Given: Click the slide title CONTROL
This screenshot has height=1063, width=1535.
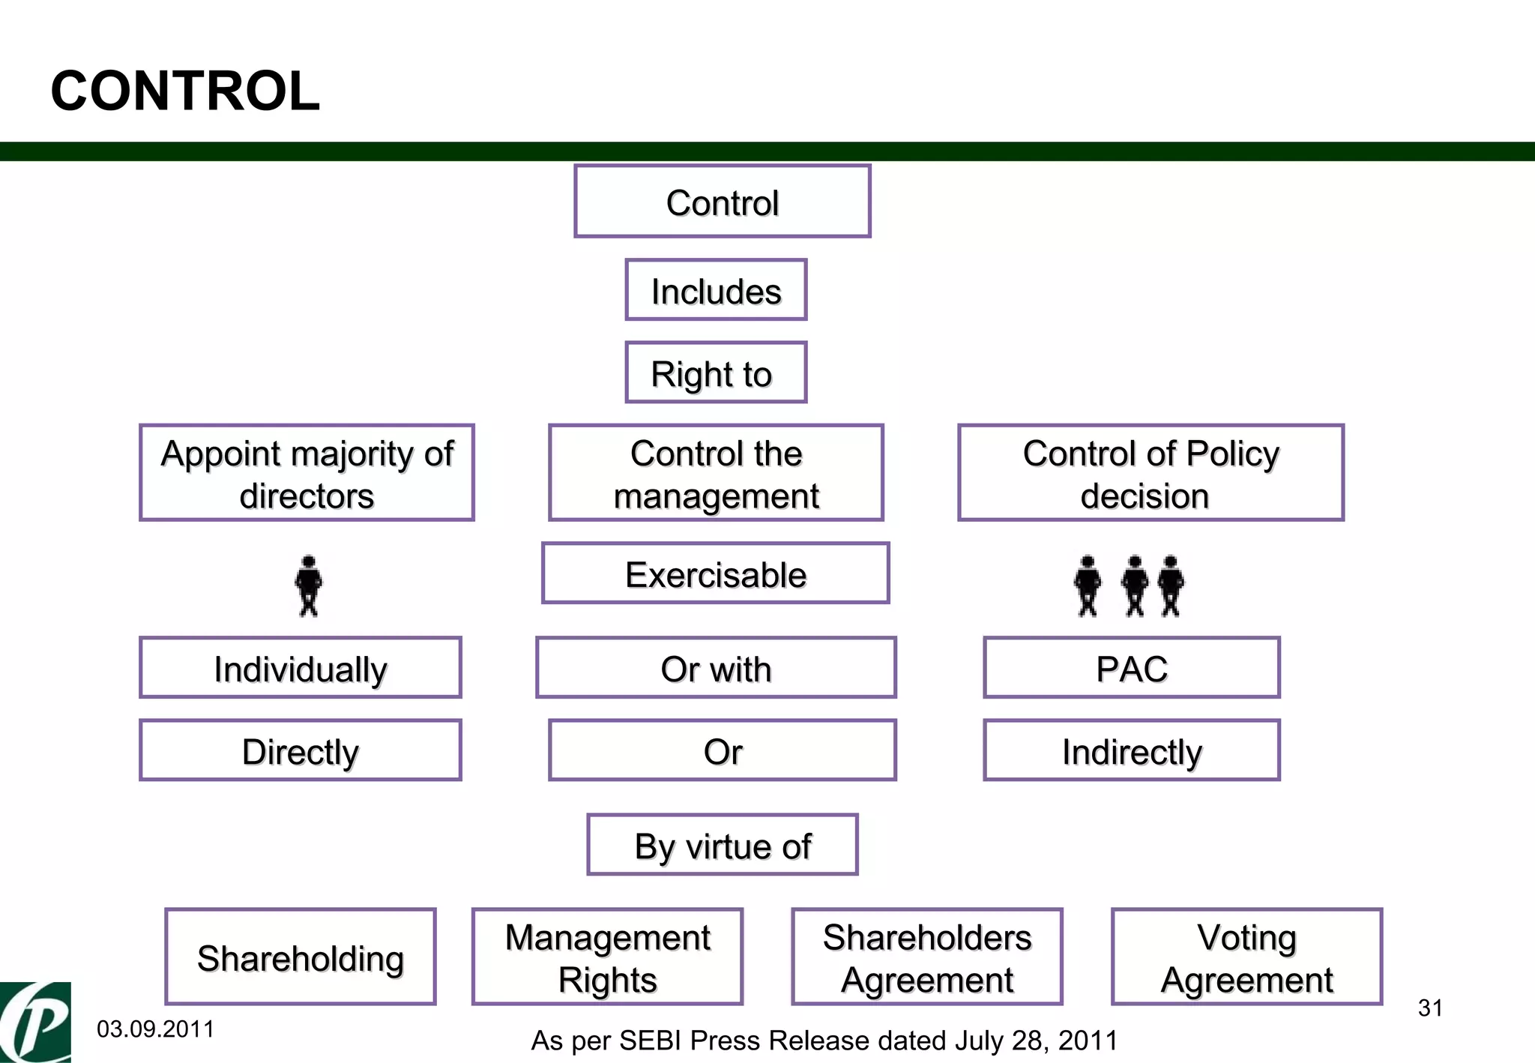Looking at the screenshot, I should [x=185, y=91].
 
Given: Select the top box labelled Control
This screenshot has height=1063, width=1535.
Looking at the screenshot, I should [x=722, y=202].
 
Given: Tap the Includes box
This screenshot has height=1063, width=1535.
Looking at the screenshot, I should [x=716, y=290].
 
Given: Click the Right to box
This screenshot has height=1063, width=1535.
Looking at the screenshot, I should [x=716, y=373].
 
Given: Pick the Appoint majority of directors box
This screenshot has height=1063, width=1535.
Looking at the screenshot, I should [x=307, y=473].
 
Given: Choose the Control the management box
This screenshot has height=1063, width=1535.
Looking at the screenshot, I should [x=716, y=473].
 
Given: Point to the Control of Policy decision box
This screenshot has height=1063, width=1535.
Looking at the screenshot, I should [x=1151, y=473].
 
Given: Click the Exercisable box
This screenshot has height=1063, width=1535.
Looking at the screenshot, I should [x=715, y=573].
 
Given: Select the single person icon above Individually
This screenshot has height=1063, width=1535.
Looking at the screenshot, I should [x=308, y=586].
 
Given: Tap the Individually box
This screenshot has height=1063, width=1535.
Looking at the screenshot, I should [x=300, y=668].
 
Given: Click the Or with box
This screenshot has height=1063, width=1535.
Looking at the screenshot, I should [x=716, y=668].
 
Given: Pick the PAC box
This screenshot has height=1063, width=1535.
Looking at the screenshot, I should [x=1131, y=668].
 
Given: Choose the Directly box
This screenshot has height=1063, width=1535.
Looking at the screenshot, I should [x=300, y=750].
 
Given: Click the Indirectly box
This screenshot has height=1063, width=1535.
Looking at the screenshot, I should [x=1131, y=750].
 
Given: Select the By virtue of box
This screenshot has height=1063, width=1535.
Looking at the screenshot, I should [x=722, y=845].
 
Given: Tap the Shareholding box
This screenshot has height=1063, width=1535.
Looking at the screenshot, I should [x=300, y=957].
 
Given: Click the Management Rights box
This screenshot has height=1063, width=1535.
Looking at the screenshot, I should [x=607, y=957].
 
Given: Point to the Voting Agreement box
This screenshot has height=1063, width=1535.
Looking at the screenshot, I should [x=1246, y=957].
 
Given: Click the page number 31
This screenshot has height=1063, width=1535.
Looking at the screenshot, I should [x=1430, y=1008].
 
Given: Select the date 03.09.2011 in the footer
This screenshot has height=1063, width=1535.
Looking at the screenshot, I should [x=155, y=1029].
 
